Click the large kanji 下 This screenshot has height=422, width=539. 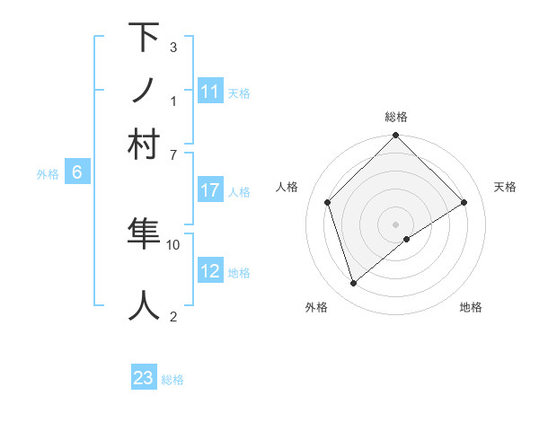coord(144,38)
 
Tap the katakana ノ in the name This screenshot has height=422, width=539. coord(144,90)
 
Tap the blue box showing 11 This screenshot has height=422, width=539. coord(210,92)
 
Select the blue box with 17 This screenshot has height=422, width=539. coord(210,190)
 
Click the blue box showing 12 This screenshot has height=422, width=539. coord(210,271)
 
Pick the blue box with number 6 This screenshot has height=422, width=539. coord(77,173)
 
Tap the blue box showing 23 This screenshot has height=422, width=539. coord(144,378)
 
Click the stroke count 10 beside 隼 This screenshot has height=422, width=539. coord(173,243)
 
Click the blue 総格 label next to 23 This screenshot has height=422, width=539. coord(172,380)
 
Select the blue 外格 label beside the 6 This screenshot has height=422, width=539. coord(48,175)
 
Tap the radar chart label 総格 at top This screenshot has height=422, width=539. coord(396,117)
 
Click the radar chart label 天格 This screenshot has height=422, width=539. coord(506,187)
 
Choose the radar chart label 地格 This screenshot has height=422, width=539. coord(471,307)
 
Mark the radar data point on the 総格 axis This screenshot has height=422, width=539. coord(395,136)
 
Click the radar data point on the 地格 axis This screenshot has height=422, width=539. coord(407,239)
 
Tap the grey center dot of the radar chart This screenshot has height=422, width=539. coord(395,224)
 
